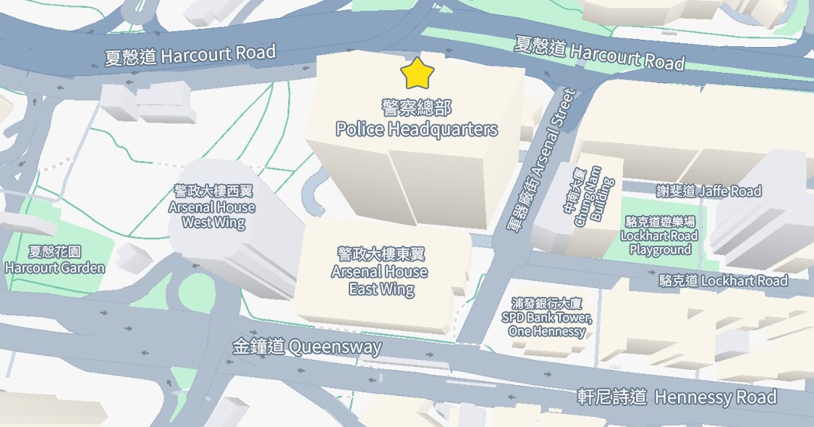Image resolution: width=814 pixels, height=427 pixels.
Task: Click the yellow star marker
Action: coord(417,73)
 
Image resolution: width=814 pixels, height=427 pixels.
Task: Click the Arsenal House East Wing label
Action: coord(381,272)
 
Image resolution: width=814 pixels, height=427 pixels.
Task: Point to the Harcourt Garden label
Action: coord(55,260)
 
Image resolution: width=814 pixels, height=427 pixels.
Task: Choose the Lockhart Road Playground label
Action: coord(659,236)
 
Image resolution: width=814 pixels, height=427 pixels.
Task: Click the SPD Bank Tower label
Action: coord(546,318)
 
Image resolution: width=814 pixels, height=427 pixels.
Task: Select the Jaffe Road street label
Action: coord(709,191)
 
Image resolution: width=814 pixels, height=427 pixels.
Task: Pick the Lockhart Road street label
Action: coord(724,280)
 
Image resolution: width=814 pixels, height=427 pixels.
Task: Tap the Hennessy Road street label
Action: coord(677,397)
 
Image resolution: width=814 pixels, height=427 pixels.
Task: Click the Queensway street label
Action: coord(307,347)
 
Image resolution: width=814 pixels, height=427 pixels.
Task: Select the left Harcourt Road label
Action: coord(190,55)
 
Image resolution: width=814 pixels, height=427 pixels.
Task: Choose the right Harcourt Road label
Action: coord(599,53)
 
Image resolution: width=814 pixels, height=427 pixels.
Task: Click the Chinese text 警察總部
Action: coord(417,108)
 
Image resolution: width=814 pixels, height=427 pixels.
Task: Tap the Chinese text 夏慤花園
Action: coord(55,252)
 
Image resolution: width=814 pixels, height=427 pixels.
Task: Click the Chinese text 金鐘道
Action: coord(258,347)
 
